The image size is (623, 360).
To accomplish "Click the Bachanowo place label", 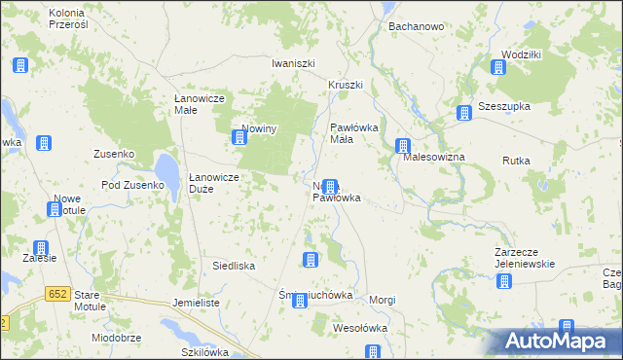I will (x=416, y=26).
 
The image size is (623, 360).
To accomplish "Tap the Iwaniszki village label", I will (x=293, y=63).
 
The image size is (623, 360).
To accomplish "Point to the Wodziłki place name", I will (x=521, y=55).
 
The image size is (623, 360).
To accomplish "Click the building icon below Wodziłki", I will (x=498, y=67).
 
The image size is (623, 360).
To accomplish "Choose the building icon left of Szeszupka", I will (x=464, y=113).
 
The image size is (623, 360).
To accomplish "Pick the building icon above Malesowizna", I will (x=403, y=147).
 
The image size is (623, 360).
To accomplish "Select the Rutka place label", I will (x=515, y=161).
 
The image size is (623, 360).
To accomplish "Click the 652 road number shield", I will (x=57, y=292).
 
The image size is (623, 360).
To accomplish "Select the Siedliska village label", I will (x=234, y=265).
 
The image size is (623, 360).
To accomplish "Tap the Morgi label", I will (x=383, y=300).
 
